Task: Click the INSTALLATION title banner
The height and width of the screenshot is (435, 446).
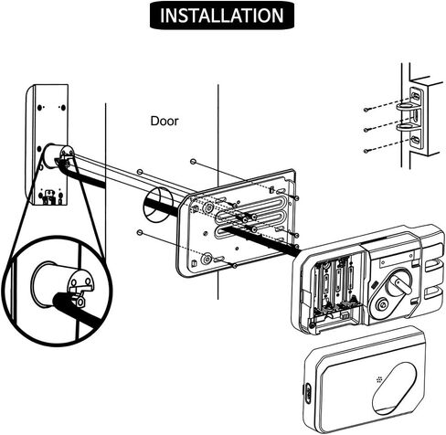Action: click(222, 16)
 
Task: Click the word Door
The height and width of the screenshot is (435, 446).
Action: click(165, 121)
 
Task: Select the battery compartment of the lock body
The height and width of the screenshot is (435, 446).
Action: click(335, 289)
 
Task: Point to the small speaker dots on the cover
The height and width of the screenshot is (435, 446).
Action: click(379, 379)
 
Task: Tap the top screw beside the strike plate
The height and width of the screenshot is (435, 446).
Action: click(366, 110)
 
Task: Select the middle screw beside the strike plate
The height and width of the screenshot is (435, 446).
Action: click(366, 130)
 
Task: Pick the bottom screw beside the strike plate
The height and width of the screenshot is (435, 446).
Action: click(366, 151)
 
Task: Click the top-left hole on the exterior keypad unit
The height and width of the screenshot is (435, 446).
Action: click(39, 108)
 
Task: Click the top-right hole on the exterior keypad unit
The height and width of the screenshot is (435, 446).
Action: click(63, 108)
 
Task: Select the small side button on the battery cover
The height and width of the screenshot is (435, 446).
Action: click(307, 393)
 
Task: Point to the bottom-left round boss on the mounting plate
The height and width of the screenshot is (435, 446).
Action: click(207, 260)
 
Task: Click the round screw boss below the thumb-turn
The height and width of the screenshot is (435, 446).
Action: click(382, 303)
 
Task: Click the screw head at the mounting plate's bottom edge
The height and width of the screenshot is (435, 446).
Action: click(234, 266)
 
